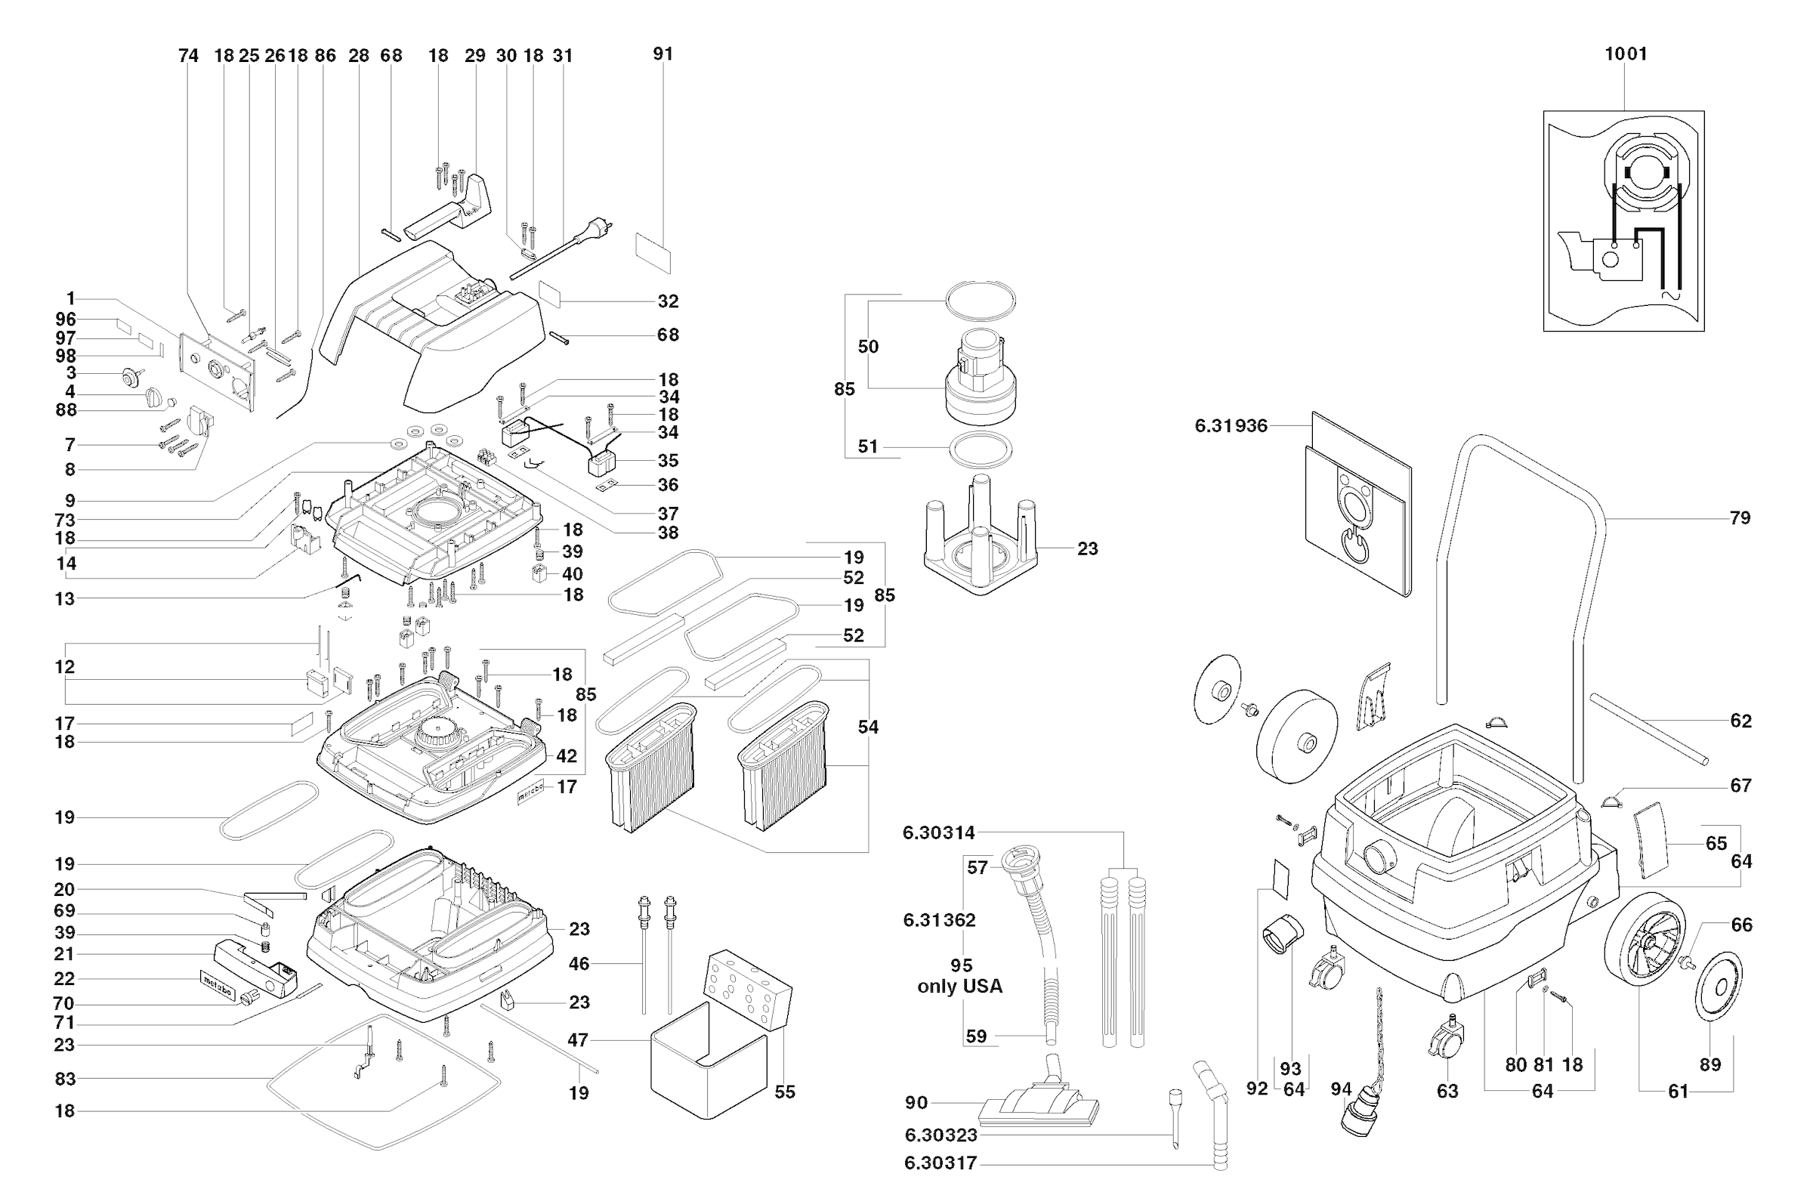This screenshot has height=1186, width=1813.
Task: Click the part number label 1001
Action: pos(1625,54)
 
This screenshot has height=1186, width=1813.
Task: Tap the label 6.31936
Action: pos(1231,426)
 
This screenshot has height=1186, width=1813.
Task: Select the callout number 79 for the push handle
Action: pos(1739,518)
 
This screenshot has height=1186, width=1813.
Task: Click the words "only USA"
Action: pos(959,987)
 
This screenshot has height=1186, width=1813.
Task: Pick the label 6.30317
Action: pos(940,1163)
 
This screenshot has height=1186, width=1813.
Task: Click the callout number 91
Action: pos(663,54)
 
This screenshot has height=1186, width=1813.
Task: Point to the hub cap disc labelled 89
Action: pos(1719,986)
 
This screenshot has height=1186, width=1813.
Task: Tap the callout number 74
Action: pos(188,56)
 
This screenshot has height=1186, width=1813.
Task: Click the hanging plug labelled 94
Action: pos(1360,1112)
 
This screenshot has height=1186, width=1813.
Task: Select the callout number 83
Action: pos(65,1079)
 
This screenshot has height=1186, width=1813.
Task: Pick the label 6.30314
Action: pos(938,833)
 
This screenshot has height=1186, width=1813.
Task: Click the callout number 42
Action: pos(566,756)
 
